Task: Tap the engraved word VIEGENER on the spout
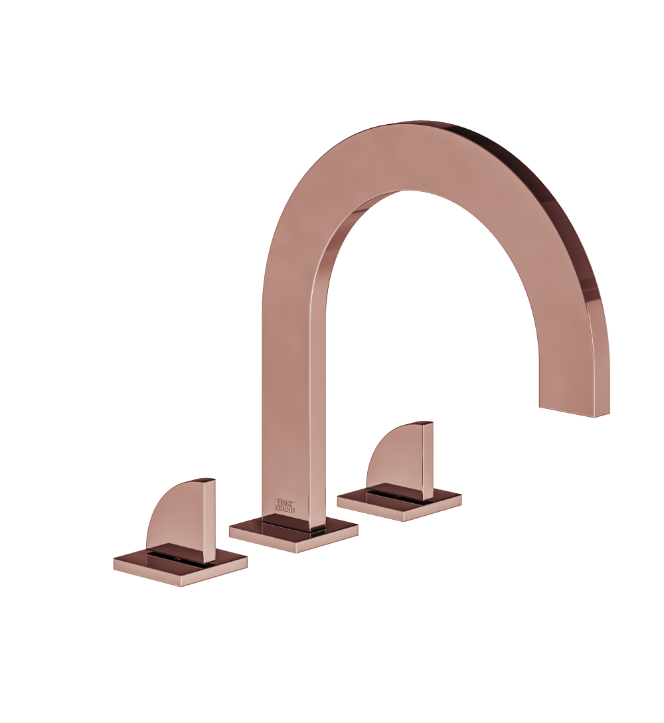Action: (286, 509)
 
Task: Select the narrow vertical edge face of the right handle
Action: (428, 461)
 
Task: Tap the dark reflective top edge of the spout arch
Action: (531, 173)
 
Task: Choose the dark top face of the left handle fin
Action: (201, 480)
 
